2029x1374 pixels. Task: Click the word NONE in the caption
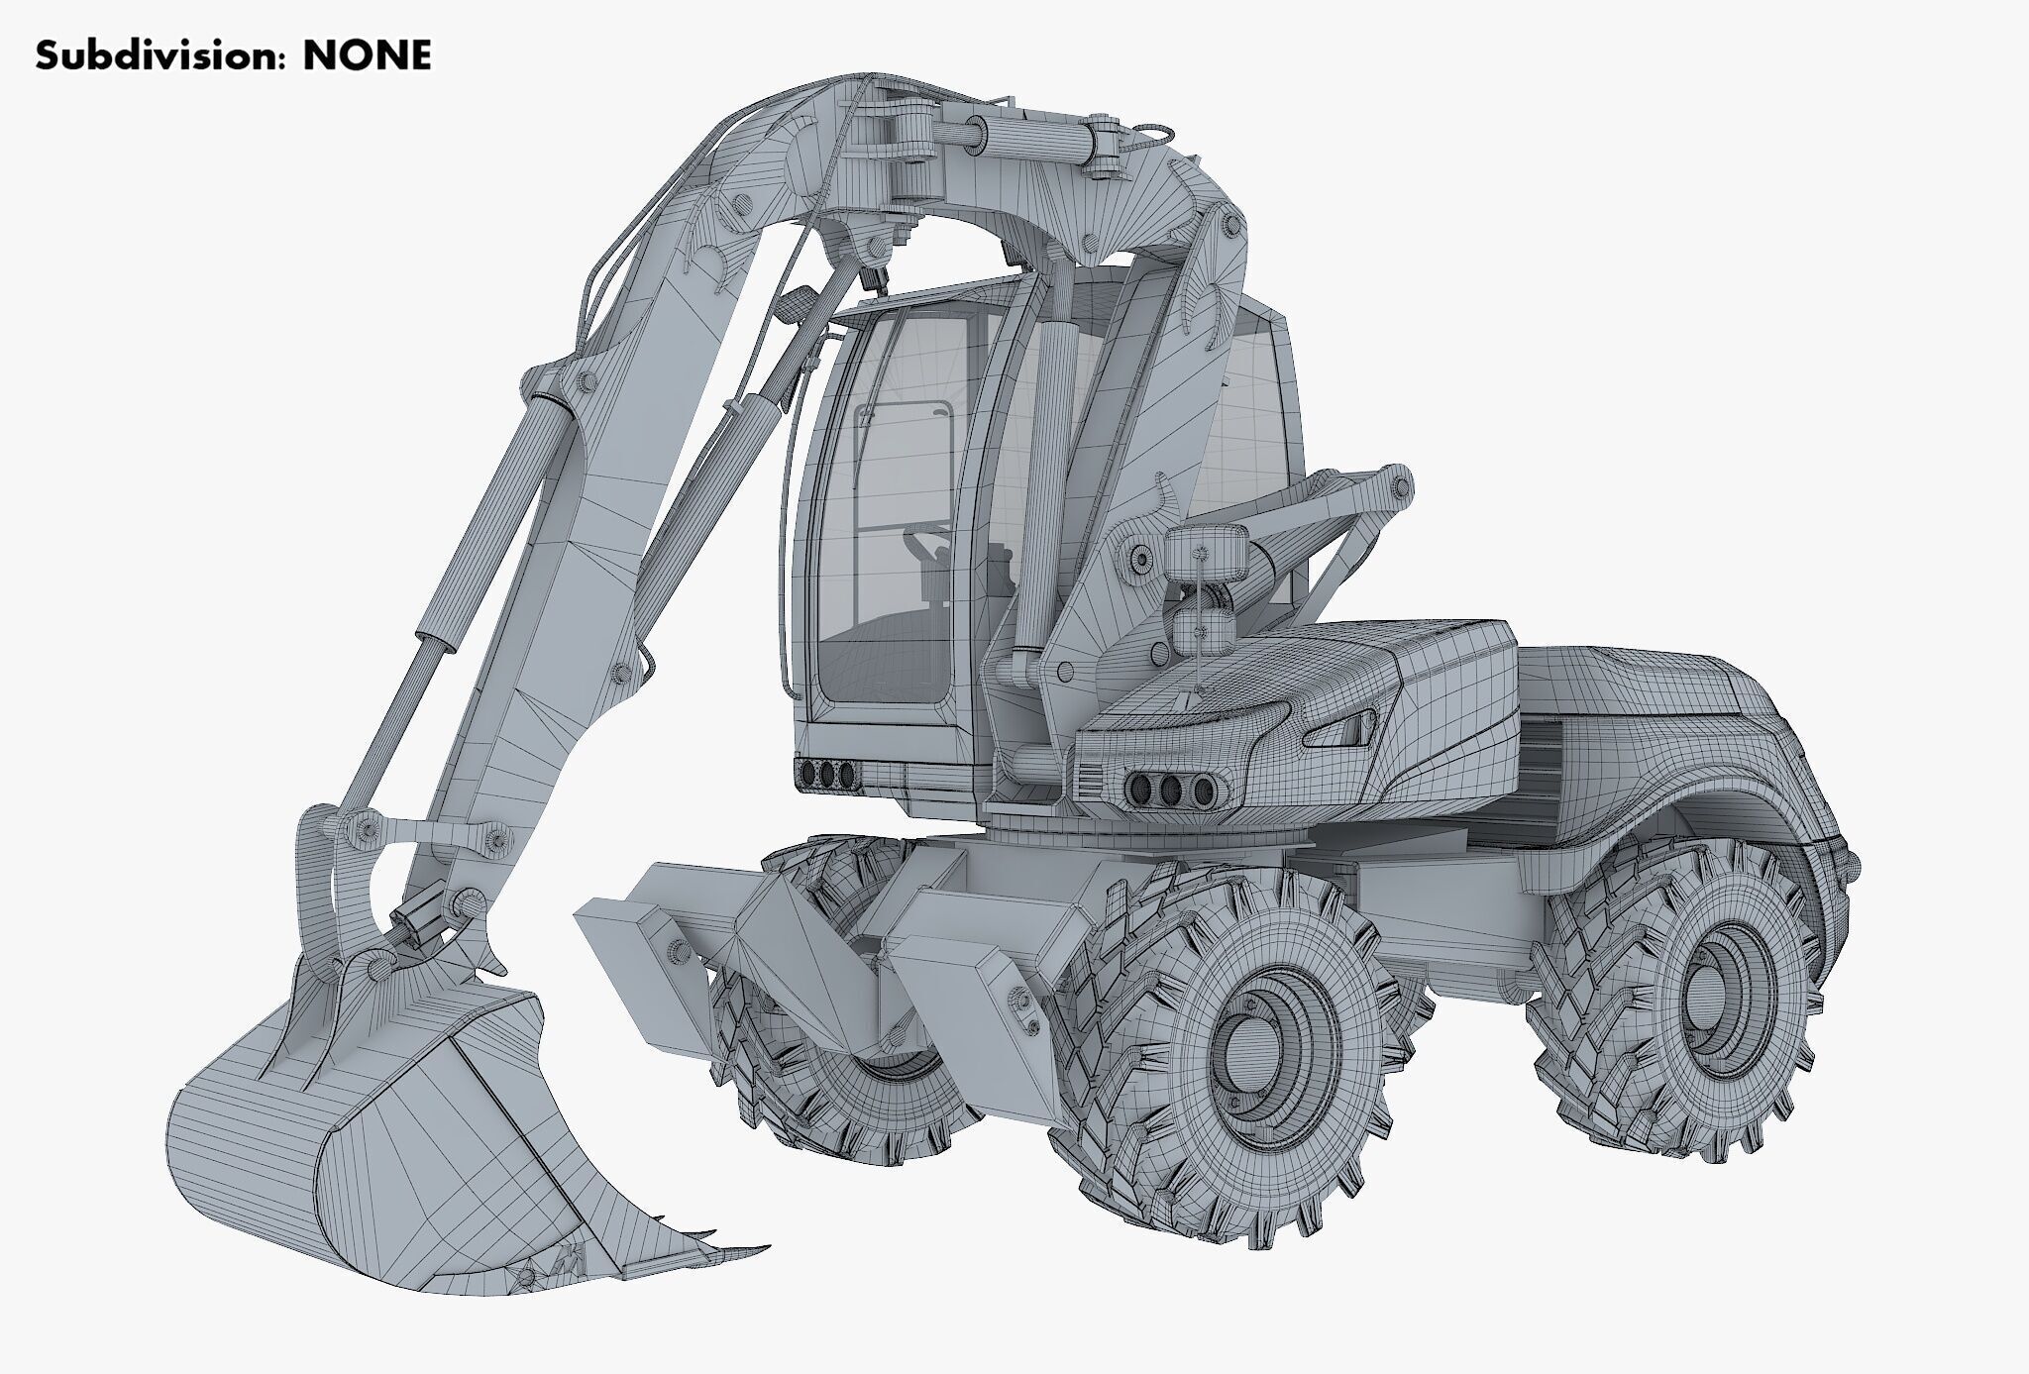pyautogui.click(x=367, y=55)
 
